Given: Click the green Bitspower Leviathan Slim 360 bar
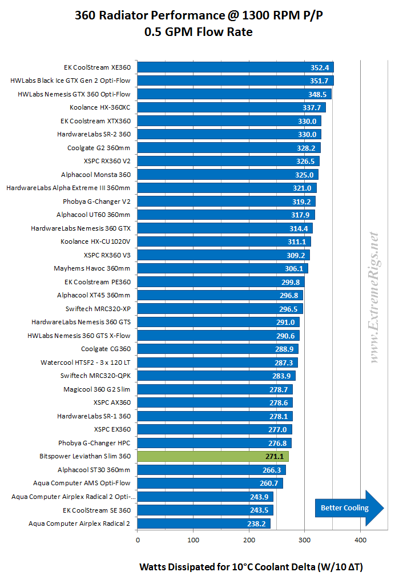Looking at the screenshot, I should (x=213, y=456).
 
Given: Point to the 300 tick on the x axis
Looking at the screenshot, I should (x=304, y=538).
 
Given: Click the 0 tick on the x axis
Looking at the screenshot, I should (x=138, y=538).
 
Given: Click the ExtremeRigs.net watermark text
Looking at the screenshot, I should (x=374, y=297).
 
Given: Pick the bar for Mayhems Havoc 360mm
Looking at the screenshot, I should (x=223, y=268).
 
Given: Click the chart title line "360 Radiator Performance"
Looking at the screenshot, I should (x=199, y=17).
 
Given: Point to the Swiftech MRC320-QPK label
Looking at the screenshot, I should (x=95, y=376).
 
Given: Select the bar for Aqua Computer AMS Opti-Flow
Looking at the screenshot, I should (x=210, y=483).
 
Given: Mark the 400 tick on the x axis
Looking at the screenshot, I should (x=360, y=538).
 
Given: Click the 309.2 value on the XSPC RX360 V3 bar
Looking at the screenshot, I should (x=299, y=255).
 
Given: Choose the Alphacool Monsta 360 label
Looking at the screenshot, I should (x=96, y=174).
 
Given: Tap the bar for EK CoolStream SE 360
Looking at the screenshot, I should (x=205, y=510).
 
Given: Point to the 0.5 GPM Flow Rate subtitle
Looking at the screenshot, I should (x=199, y=32).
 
